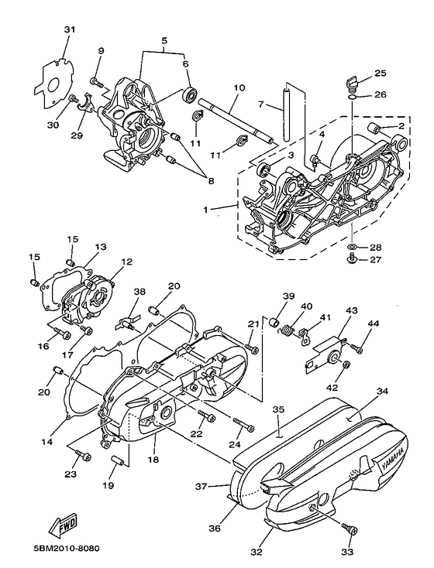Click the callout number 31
(70, 29)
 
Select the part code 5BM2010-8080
(66, 549)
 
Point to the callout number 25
(381, 74)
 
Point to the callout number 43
(350, 310)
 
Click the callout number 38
(139, 293)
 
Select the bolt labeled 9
(95, 80)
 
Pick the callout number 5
(164, 40)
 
